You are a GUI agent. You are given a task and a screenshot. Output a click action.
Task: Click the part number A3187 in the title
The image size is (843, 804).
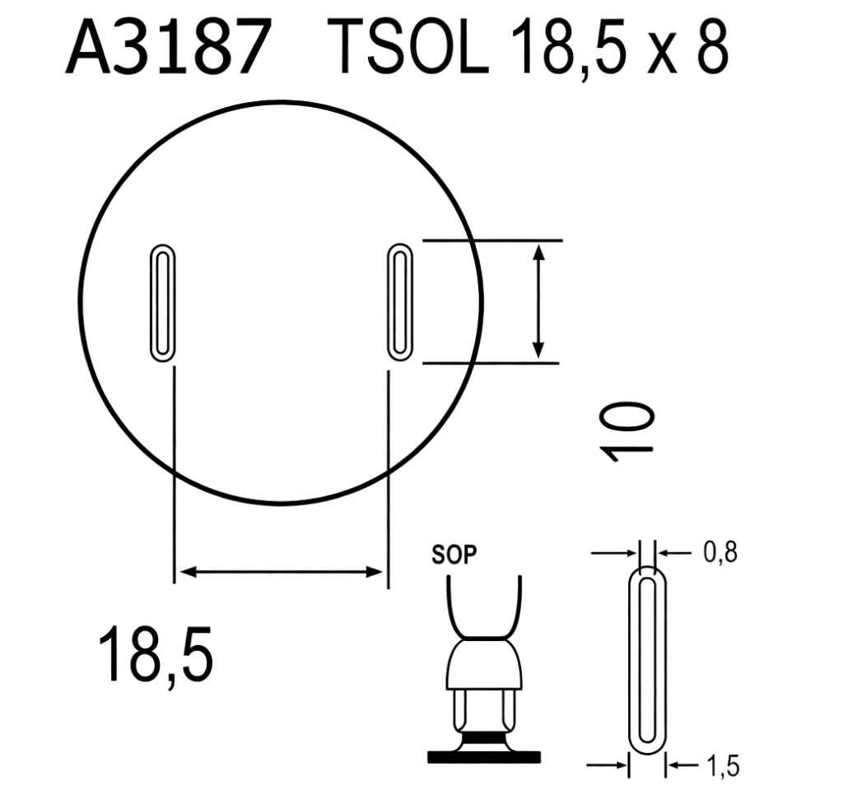click(x=168, y=49)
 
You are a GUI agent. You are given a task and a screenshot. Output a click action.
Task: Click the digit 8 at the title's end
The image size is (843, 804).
click(x=710, y=49)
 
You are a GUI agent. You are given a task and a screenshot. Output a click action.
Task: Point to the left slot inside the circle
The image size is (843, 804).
click(x=161, y=303)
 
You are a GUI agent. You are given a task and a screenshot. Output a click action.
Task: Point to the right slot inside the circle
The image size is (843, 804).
click(x=400, y=302)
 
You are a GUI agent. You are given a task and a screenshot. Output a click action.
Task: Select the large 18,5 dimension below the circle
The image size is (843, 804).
click(x=156, y=654)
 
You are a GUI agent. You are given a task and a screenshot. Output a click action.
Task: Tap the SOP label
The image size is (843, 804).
click(x=454, y=555)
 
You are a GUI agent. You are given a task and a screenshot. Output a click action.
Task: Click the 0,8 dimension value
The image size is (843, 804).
click(x=720, y=552)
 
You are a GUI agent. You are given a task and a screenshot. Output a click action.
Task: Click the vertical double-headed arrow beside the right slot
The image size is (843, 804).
click(x=538, y=300)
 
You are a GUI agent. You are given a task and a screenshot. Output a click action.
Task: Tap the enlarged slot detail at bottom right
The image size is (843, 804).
click(x=648, y=658)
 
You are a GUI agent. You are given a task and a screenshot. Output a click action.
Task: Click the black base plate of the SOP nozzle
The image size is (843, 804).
click(x=485, y=755)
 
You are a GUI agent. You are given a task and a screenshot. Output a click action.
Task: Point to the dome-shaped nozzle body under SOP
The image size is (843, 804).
click(x=485, y=665)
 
